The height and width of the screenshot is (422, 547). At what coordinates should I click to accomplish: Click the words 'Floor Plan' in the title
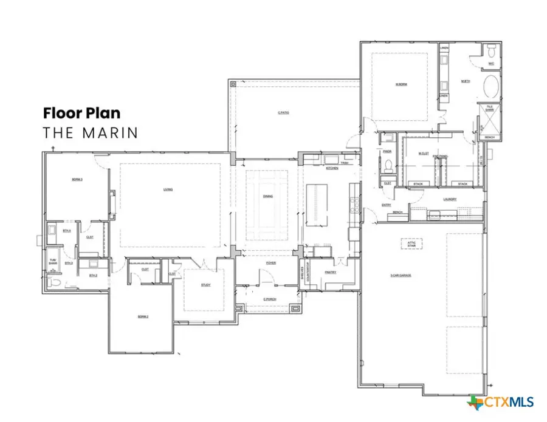(x=81, y=113)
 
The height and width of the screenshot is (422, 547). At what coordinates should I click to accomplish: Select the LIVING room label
(x=168, y=189)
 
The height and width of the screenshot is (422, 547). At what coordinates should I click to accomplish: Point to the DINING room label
(x=267, y=197)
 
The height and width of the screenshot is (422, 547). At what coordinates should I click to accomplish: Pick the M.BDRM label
(x=401, y=83)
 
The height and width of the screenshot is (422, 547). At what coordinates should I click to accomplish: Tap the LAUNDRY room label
(x=450, y=199)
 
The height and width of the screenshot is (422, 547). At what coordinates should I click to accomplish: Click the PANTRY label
(x=331, y=273)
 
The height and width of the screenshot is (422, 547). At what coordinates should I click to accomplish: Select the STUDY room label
(x=206, y=285)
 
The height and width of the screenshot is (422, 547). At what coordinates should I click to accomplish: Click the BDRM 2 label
(x=143, y=317)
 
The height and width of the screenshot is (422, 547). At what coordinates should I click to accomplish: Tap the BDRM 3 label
(x=77, y=180)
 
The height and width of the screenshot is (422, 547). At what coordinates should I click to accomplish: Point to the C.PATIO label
(x=283, y=113)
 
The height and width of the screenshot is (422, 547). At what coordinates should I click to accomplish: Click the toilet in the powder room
(x=387, y=163)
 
